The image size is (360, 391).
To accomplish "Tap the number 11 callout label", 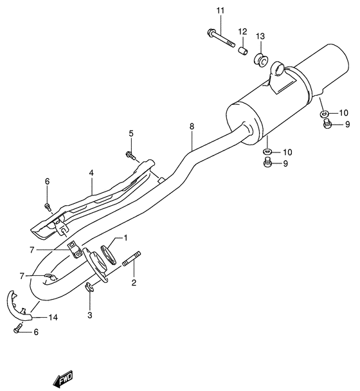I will (x=221, y=11).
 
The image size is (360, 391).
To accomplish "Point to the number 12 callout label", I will (x=243, y=32).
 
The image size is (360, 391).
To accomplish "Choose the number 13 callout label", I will (x=260, y=37).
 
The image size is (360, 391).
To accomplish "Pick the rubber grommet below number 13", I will (x=262, y=60).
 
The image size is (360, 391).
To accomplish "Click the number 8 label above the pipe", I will (x=191, y=126).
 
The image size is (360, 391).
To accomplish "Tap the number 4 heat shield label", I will (x=92, y=172).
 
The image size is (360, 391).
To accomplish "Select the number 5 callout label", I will (x=130, y=133).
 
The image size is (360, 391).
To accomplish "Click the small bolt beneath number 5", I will (x=130, y=155).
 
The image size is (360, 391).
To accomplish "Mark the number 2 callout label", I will (x=134, y=282).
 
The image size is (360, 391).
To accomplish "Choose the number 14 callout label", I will (x=52, y=316).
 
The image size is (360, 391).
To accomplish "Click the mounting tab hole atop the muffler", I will (x=278, y=66).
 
